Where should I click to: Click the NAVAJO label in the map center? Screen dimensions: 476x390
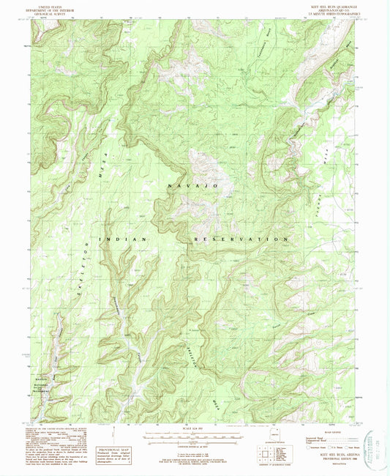click(194, 188)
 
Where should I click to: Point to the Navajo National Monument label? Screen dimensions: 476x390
click(47, 383)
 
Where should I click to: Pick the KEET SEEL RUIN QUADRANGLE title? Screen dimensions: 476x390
click(331, 5)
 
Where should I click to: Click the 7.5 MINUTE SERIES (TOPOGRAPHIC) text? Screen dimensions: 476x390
click(331, 12)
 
